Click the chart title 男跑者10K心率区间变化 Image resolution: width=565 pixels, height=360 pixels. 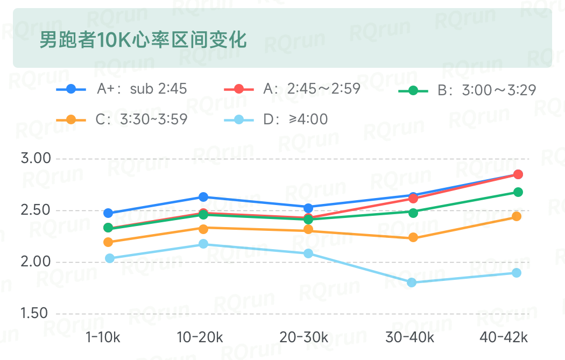[143, 39]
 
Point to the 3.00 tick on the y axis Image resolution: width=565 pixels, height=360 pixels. [35, 159]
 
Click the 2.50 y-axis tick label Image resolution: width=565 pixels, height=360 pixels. [35, 210]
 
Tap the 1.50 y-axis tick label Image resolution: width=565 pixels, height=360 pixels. [35, 313]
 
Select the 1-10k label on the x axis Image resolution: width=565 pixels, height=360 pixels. [103, 337]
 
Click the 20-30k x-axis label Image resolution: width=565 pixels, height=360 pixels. [304, 337]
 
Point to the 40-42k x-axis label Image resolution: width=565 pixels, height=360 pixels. [504, 337]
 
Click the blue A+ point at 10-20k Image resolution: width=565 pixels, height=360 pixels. [203, 197]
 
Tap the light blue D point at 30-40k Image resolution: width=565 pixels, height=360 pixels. [412, 283]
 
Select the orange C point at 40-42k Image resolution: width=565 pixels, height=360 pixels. [517, 216]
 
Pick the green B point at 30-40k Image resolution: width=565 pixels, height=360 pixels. [413, 213]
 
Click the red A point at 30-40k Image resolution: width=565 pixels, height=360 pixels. [413, 199]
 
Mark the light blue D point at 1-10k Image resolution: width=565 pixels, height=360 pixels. [110, 258]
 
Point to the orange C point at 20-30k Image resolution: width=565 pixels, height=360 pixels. [308, 230]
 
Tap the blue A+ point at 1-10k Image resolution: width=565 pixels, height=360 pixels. [108, 213]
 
